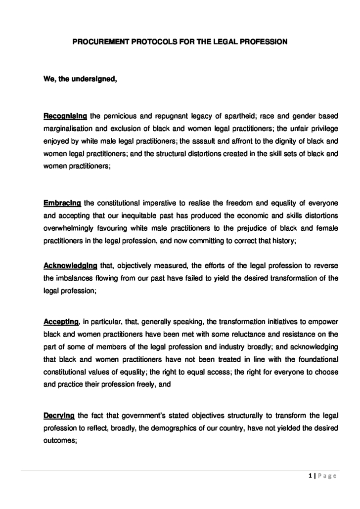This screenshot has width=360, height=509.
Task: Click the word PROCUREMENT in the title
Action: (x=98, y=42)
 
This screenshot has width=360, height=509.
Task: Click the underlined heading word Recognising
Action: (x=65, y=116)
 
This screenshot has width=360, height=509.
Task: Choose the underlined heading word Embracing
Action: (x=62, y=203)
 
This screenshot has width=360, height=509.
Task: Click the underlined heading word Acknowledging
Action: (x=70, y=265)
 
